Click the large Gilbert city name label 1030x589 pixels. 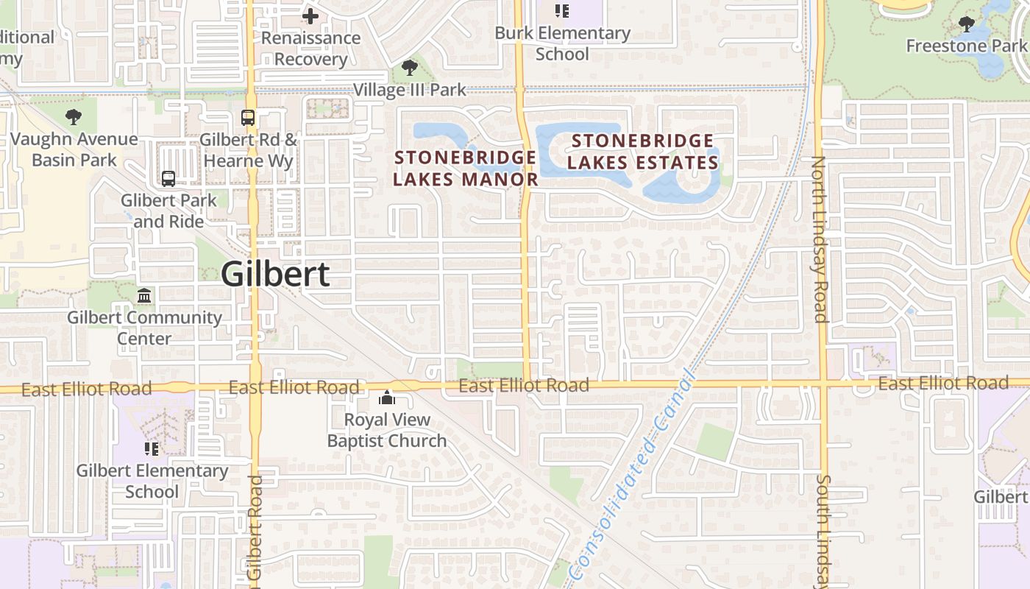[x=275, y=274]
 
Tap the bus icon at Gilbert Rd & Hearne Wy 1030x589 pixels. [x=248, y=118]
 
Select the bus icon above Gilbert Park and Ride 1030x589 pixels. [x=168, y=178]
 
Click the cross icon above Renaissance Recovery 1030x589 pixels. [x=310, y=15]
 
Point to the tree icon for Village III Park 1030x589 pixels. [x=410, y=68]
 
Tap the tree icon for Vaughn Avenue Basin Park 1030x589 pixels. [x=73, y=117]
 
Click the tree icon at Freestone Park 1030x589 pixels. [x=967, y=24]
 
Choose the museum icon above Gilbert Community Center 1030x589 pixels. [x=144, y=296]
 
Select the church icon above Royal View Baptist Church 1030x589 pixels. [x=387, y=398]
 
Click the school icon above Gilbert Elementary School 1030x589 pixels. [x=152, y=448]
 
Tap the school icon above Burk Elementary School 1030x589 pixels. [x=562, y=11]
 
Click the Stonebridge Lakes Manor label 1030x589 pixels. [x=465, y=169]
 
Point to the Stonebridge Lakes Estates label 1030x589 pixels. [x=643, y=152]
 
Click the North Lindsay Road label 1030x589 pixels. [x=820, y=239]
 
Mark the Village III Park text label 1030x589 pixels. [x=410, y=90]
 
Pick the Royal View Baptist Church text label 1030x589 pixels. [x=387, y=431]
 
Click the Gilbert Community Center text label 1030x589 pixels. [x=144, y=328]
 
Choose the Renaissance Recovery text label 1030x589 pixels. [x=310, y=49]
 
